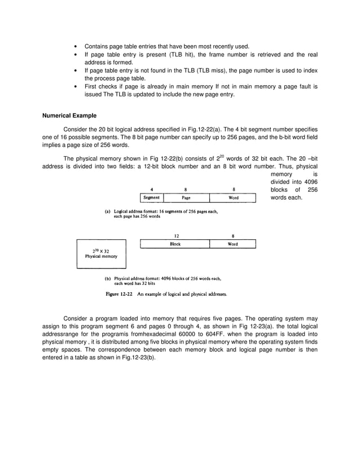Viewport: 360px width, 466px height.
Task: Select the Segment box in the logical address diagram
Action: pyautogui.click(x=151, y=198)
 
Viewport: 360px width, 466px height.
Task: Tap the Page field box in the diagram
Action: pyautogui.click(x=186, y=198)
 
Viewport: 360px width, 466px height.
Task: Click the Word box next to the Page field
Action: pyautogui.click(x=232, y=198)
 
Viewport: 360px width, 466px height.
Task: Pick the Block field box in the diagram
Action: pyautogui.click(x=175, y=244)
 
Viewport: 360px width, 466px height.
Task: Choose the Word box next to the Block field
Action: pyautogui.click(x=232, y=244)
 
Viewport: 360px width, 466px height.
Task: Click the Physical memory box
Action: pyautogui.click(x=101, y=254)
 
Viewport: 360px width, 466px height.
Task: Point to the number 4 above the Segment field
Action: pyautogui.click(x=151, y=190)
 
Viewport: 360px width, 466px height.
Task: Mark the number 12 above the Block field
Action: pyautogui.click(x=175, y=236)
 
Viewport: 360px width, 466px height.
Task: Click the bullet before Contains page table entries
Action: pyautogui.click(x=76, y=46)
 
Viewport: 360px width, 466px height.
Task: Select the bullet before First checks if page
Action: pyautogui.click(x=76, y=86)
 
